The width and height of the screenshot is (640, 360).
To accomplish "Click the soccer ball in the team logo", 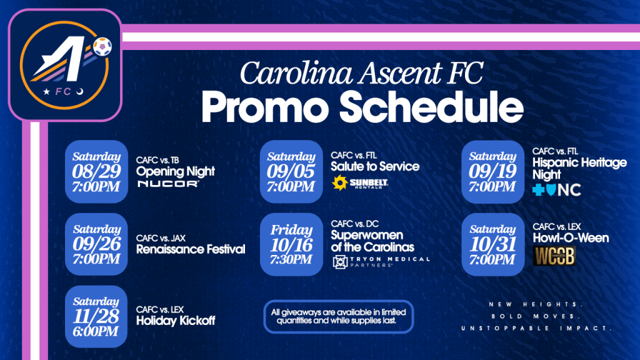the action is tap(102, 46).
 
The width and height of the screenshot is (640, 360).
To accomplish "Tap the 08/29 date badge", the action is tap(96, 171).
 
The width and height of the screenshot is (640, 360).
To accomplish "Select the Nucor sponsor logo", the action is tap(167, 184).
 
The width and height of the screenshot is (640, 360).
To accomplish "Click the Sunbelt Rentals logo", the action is tap(359, 183).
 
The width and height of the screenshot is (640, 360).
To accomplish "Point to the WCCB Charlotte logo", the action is tap(554, 256).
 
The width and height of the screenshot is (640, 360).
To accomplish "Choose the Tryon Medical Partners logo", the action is tap(381, 262).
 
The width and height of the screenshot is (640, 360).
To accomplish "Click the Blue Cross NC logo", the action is tap(556, 190).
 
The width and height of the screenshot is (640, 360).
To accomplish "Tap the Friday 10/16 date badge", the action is tap(291, 244).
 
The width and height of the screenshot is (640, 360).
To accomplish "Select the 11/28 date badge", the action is tap(96, 316).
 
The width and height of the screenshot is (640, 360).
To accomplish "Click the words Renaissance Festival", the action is tap(191, 249).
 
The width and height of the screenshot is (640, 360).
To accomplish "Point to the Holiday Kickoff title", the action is tap(176, 321).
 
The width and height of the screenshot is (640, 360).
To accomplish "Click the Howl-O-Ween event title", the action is tap(571, 238).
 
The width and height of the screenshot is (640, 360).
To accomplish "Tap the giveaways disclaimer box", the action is tap(338, 317).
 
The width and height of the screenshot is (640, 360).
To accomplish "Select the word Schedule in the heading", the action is tap(431, 107).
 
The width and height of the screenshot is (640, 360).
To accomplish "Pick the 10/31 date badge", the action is tap(492, 244).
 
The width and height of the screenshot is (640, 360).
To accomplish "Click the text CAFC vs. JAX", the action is tap(161, 238).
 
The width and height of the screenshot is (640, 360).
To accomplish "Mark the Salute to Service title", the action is tap(375, 166).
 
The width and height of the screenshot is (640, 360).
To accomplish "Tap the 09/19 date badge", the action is tap(492, 171).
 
